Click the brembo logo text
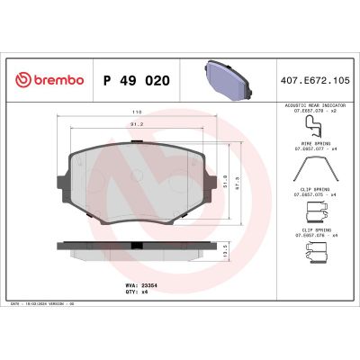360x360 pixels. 58,81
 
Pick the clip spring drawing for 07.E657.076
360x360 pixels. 314,255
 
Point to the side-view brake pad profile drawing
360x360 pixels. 146,246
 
